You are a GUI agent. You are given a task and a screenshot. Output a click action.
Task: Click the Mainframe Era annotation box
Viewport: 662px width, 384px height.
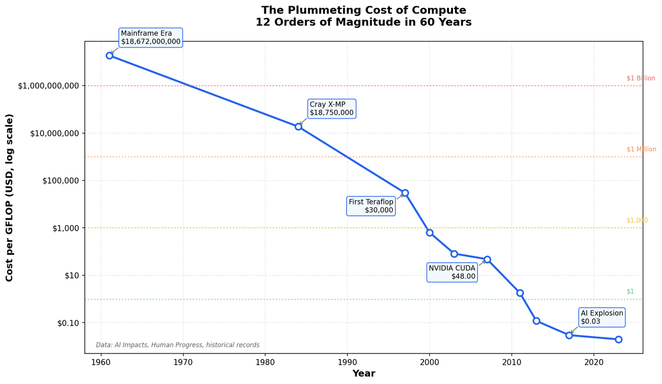coord(151,38)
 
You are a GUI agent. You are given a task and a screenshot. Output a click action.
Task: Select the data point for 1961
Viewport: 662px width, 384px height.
coord(110,55)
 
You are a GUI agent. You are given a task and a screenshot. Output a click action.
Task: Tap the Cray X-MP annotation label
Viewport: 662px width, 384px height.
coord(332,109)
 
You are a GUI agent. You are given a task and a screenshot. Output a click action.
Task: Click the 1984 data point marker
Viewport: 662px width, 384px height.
coord(298,126)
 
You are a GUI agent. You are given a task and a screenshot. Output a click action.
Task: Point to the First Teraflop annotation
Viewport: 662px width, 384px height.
coord(371,206)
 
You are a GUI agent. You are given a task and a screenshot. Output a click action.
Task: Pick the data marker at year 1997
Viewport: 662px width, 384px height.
coord(405,193)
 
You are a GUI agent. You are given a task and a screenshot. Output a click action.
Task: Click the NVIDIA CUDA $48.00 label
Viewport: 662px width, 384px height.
coord(452,272)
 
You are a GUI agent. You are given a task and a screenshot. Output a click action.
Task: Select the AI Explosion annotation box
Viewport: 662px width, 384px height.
coord(601,317)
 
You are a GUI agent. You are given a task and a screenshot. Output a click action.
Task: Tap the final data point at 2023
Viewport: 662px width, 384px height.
coord(619,339)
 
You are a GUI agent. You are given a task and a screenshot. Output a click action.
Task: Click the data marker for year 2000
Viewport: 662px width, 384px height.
coord(430,233)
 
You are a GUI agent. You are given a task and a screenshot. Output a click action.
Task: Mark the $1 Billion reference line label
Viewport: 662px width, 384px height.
coord(641,79)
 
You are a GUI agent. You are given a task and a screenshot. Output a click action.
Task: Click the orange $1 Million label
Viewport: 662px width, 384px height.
coord(641,150)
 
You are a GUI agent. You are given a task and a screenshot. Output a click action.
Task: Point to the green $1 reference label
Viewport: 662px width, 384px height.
coord(630,291)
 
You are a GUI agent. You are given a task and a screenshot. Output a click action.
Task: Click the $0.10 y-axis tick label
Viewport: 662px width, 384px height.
coord(68,323)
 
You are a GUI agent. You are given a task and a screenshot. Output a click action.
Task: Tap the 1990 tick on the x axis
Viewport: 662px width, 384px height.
coord(347,360)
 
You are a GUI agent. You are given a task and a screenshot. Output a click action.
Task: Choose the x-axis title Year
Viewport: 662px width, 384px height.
coord(364,374)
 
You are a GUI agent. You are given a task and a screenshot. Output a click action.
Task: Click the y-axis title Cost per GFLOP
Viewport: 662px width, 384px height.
coord(10,198)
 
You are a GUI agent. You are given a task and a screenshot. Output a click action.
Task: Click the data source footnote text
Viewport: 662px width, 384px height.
coord(177,345)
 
